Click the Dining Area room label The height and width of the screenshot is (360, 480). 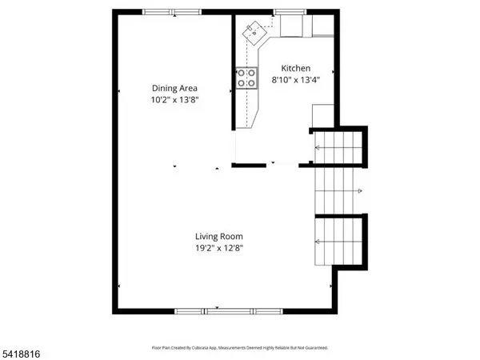(x=175, y=89)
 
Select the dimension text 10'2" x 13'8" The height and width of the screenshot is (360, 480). (x=175, y=100)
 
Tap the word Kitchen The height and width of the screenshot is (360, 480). (x=295, y=69)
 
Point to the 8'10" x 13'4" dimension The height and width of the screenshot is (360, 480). (x=295, y=80)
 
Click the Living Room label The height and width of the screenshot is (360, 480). (x=218, y=237)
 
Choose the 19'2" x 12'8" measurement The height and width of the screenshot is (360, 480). (x=218, y=248)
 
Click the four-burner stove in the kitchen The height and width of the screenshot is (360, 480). (x=246, y=77)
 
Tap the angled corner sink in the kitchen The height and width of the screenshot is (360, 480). (x=254, y=33)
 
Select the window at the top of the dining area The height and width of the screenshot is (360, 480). (x=171, y=11)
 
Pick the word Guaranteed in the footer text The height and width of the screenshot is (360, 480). (x=314, y=348)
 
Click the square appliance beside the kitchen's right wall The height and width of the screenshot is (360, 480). (x=322, y=114)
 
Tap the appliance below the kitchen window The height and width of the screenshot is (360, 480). (x=292, y=27)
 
